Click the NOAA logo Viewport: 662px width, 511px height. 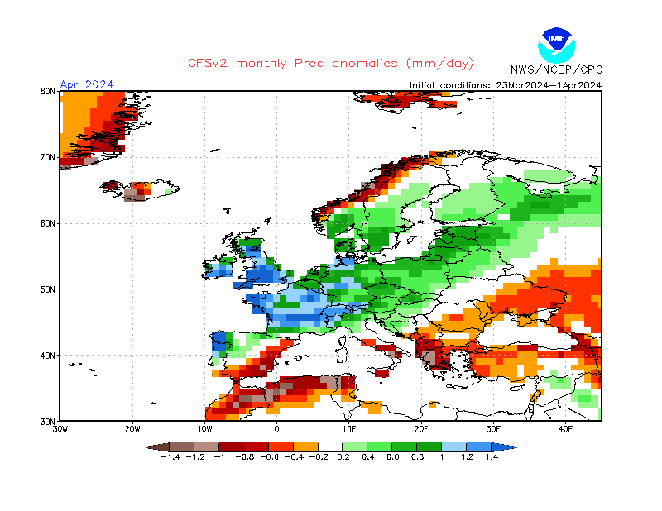click(x=555, y=44)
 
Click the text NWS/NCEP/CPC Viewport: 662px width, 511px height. click(x=556, y=69)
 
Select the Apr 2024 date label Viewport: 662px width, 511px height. click(x=87, y=84)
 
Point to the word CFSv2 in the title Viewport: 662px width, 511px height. click(x=209, y=64)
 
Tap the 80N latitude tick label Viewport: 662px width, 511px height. click(x=48, y=91)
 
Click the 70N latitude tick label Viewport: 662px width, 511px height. click(x=48, y=157)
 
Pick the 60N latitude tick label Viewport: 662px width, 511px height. click(x=48, y=223)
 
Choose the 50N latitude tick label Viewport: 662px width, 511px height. click(x=48, y=289)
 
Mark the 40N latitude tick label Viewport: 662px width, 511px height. click(x=48, y=356)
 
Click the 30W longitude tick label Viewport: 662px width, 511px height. click(x=60, y=430)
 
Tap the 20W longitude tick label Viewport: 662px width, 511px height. click(x=132, y=430)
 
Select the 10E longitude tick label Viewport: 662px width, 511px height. click(x=349, y=430)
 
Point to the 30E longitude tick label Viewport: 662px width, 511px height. click(x=494, y=430)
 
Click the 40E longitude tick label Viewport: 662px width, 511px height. click(x=566, y=430)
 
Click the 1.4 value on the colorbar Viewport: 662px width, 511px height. click(x=492, y=457)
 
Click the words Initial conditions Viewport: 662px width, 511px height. click(x=451, y=84)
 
